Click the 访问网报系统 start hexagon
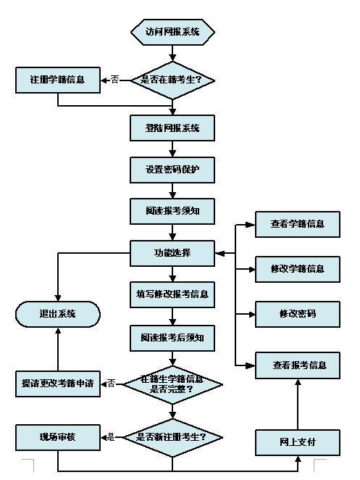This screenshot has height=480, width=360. (172, 32)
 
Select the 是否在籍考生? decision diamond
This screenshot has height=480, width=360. (172, 80)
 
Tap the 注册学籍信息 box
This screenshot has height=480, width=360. (58, 80)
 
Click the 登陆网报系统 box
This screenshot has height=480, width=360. (172, 128)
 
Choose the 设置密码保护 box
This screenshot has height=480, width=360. (172, 170)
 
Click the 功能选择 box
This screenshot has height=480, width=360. (172, 253)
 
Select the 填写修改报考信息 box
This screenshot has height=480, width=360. (172, 294)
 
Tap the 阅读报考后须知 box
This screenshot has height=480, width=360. (172, 336)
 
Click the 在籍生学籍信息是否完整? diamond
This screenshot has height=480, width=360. (172, 384)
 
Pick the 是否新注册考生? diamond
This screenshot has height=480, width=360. (172, 437)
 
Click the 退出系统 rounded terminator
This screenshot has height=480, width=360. (58, 314)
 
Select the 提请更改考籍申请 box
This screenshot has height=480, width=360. (58, 384)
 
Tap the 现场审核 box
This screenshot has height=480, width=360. (58, 437)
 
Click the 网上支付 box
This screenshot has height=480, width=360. (297, 442)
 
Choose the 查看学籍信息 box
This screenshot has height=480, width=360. (297, 224)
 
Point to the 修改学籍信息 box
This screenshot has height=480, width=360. (297, 269)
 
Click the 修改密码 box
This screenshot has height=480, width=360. (297, 314)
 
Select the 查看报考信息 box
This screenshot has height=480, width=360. (297, 365)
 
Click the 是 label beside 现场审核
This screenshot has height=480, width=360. (111, 437)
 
